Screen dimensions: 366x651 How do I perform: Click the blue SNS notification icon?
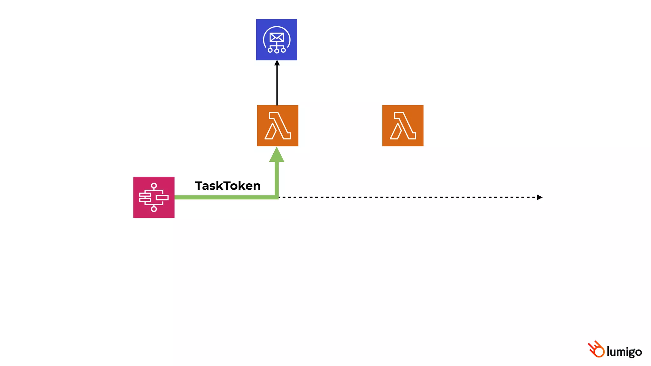pyautogui.click(x=277, y=40)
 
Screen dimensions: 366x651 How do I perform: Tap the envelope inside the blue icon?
pyautogui.click(x=277, y=37)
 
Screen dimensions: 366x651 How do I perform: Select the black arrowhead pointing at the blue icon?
pyautogui.click(x=277, y=63)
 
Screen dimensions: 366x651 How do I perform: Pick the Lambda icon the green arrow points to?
pyautogui.click(x=278, y=125)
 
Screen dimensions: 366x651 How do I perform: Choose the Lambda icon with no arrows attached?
pyautogui.click(x=403, y=125)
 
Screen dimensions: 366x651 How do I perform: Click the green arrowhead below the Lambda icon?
pyautogui.click(x=277, y=155)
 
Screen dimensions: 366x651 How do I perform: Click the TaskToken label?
pyautogui.click(x=228, y=186)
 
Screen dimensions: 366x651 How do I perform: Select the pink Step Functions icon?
pyautogui.click(x=154, y=197)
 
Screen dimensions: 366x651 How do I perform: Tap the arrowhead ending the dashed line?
pyautogui.click(x=539, y=197)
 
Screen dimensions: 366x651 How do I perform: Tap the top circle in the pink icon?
pyautogui.click(x=154, y=186)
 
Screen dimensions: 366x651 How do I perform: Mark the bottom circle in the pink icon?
pyautogui.click(x=154, y=209)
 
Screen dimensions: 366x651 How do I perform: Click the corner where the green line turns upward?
pyautogui.click(x=277, y=197)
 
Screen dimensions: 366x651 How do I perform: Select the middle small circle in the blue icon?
pyautogui.click(x=277, y=51)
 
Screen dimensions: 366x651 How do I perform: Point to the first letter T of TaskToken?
pyautogui.click(x=199, y=186)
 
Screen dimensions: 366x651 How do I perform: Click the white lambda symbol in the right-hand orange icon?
pyautogui.click(x=403, y=125)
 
